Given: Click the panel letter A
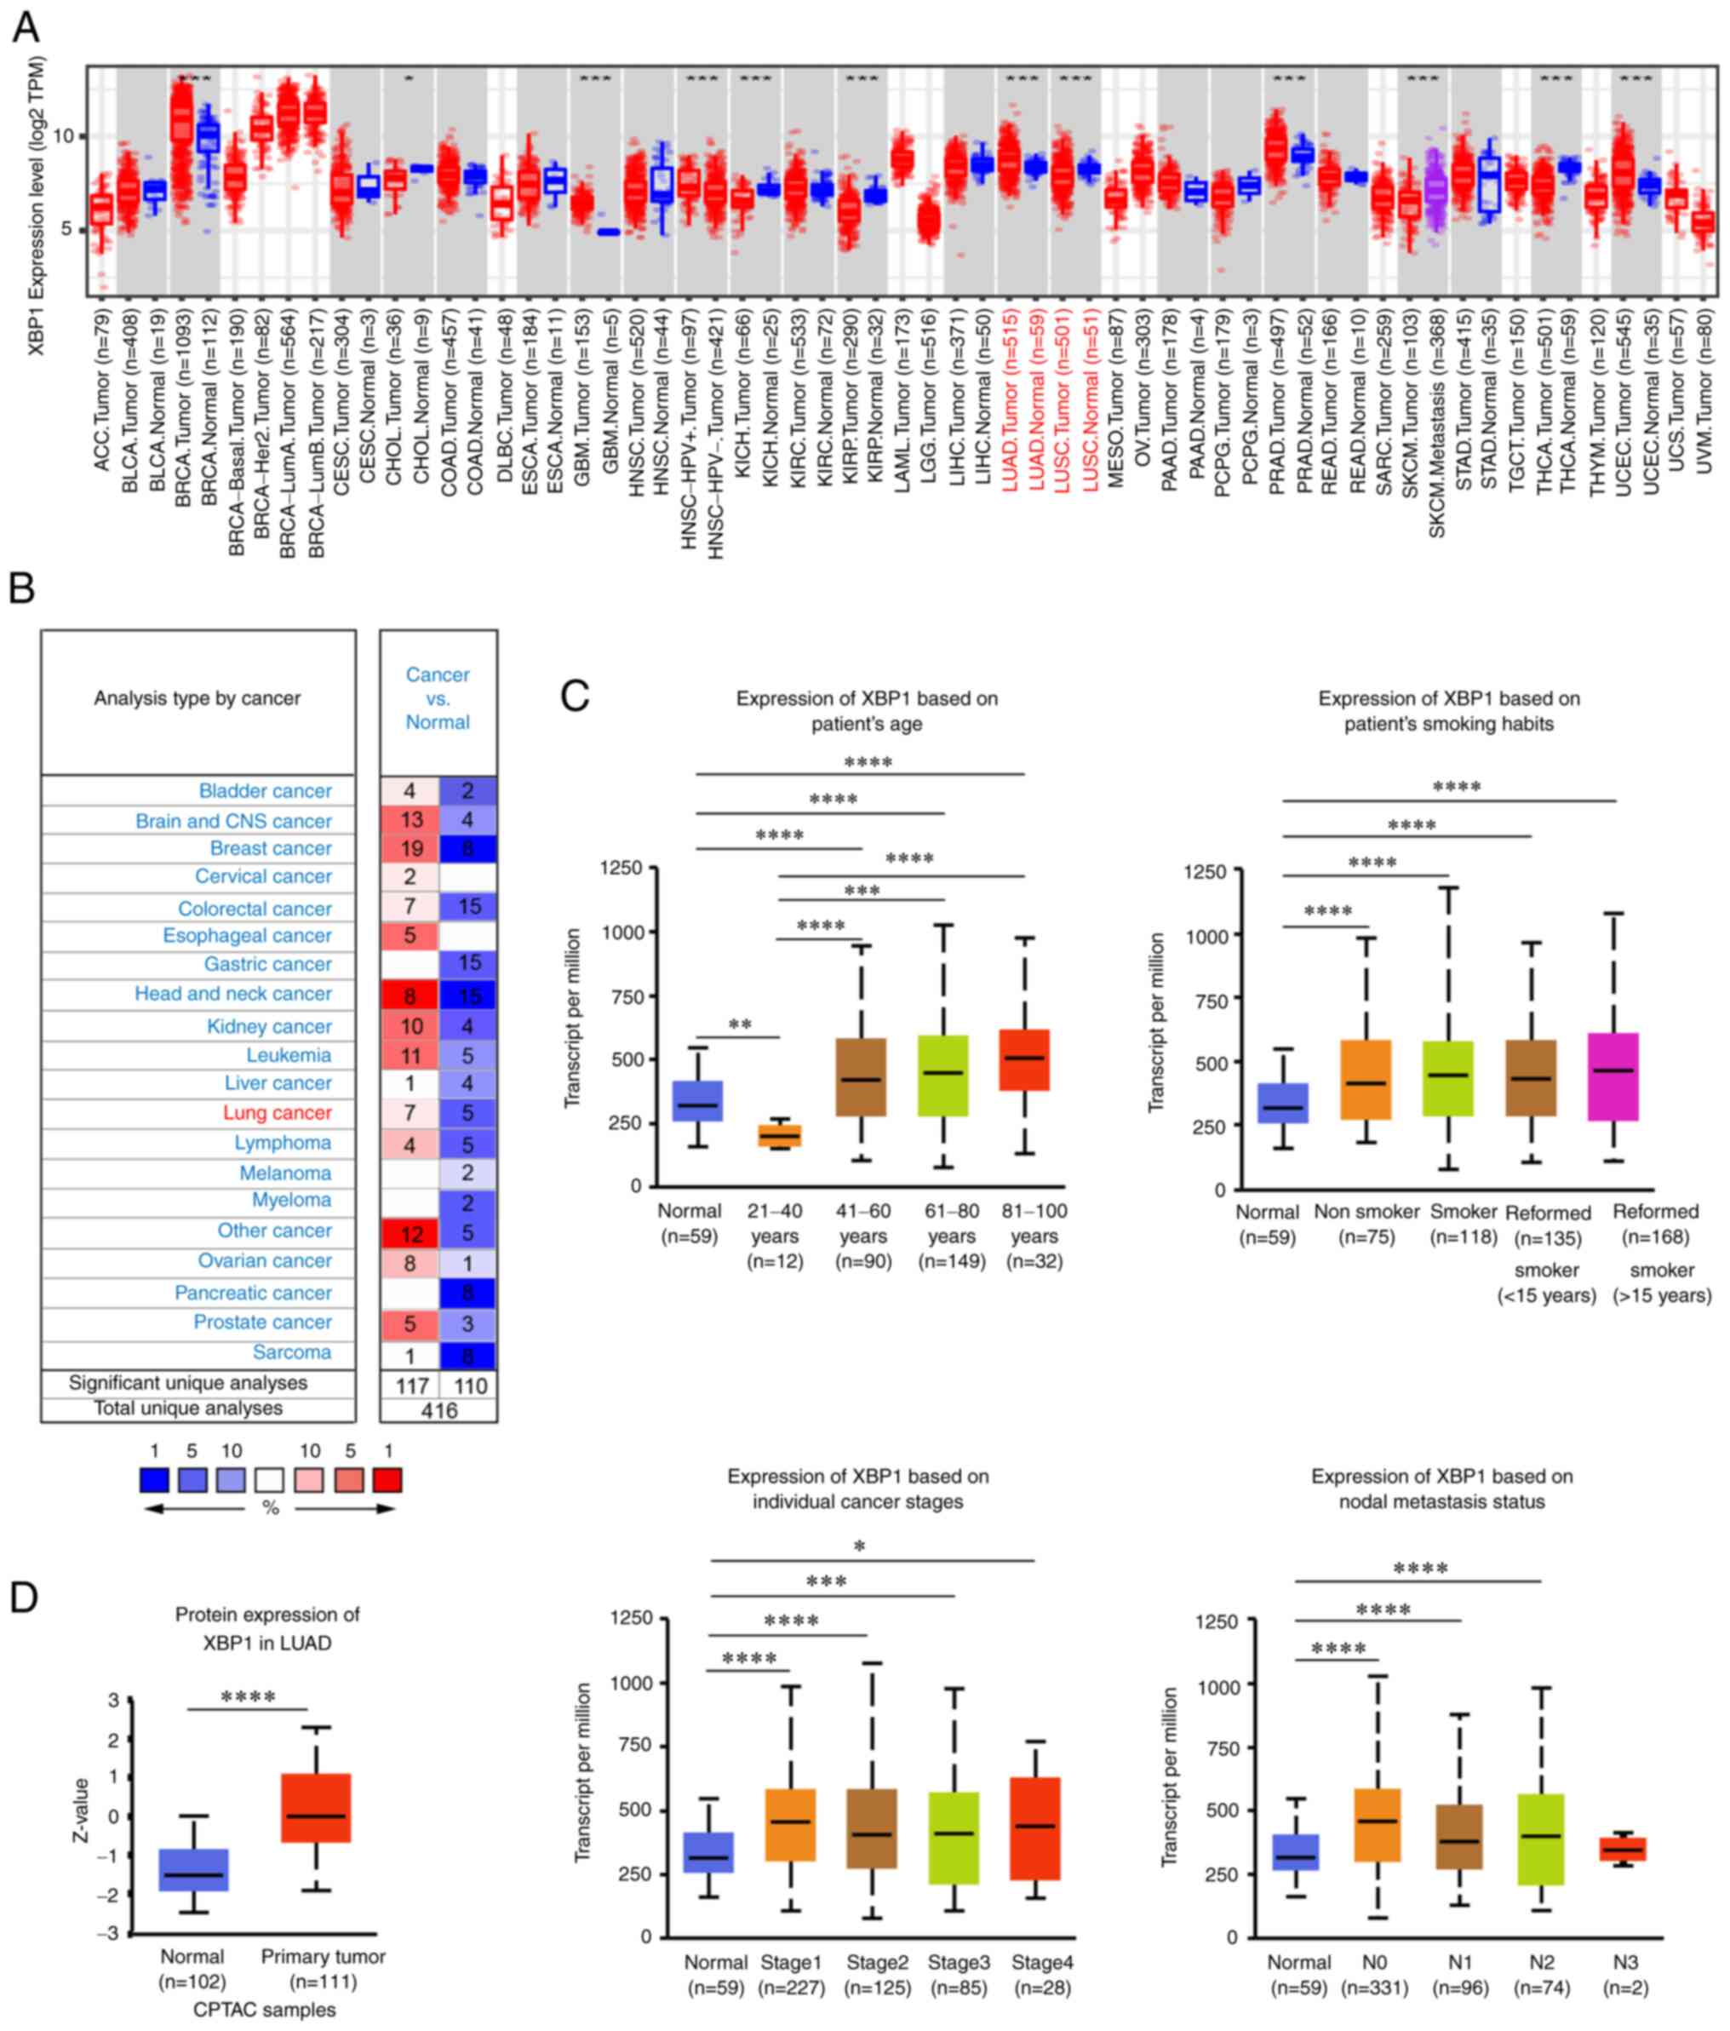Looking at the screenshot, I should coord(26,27).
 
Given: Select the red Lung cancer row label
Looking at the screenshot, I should coord(277,1112).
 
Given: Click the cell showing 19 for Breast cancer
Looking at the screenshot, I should coord(410,848).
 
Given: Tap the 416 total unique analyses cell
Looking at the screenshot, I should coord(439,1409).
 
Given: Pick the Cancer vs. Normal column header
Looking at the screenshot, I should coord(438,698).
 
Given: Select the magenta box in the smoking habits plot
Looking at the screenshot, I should coord(1613,1076).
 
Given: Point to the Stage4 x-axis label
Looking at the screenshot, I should coord(1042,1962).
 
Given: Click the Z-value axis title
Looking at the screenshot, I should coord(83,1810).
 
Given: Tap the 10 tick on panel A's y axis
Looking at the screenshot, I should coord(64,135).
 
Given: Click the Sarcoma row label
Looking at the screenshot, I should coord(291,1351).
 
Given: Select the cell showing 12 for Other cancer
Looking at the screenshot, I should coord(410,1231).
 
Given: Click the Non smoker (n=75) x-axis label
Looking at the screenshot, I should coord(1366,1225).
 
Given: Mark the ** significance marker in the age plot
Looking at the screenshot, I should coord(740,1025).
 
